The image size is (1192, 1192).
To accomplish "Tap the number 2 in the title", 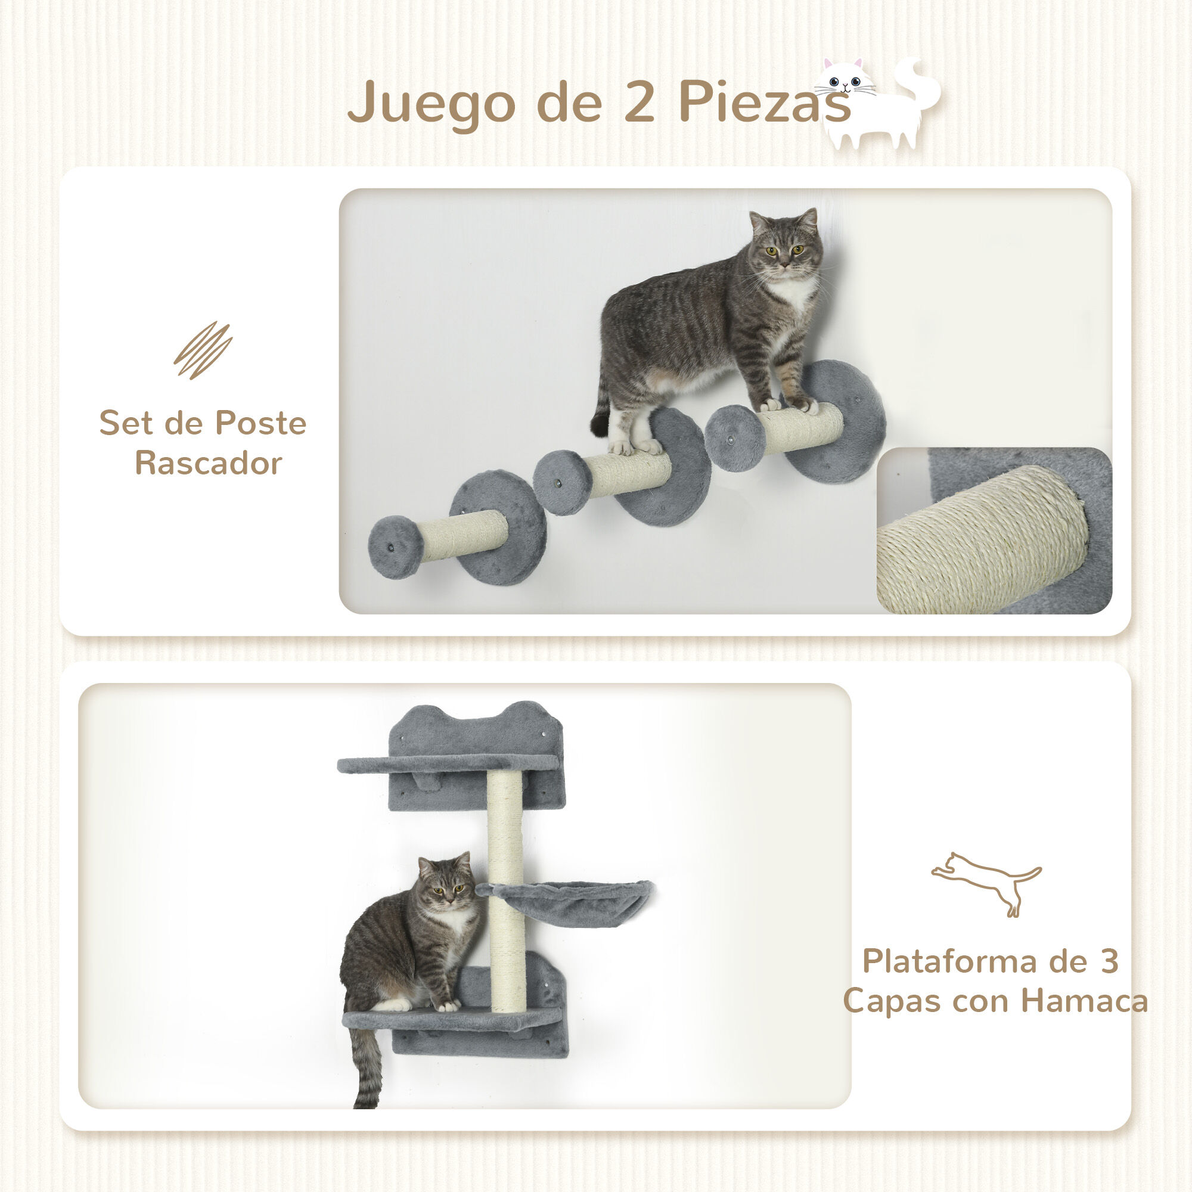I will [639, 102].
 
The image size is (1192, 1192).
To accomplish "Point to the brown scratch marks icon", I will [203, 350].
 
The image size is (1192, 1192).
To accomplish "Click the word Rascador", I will [209, 463].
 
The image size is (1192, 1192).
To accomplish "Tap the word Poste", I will [260, 423].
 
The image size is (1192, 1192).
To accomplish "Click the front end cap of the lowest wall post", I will [396, 547].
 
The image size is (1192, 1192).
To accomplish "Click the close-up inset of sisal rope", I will [994, 530].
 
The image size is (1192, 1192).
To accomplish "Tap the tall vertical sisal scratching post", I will [505, 889].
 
